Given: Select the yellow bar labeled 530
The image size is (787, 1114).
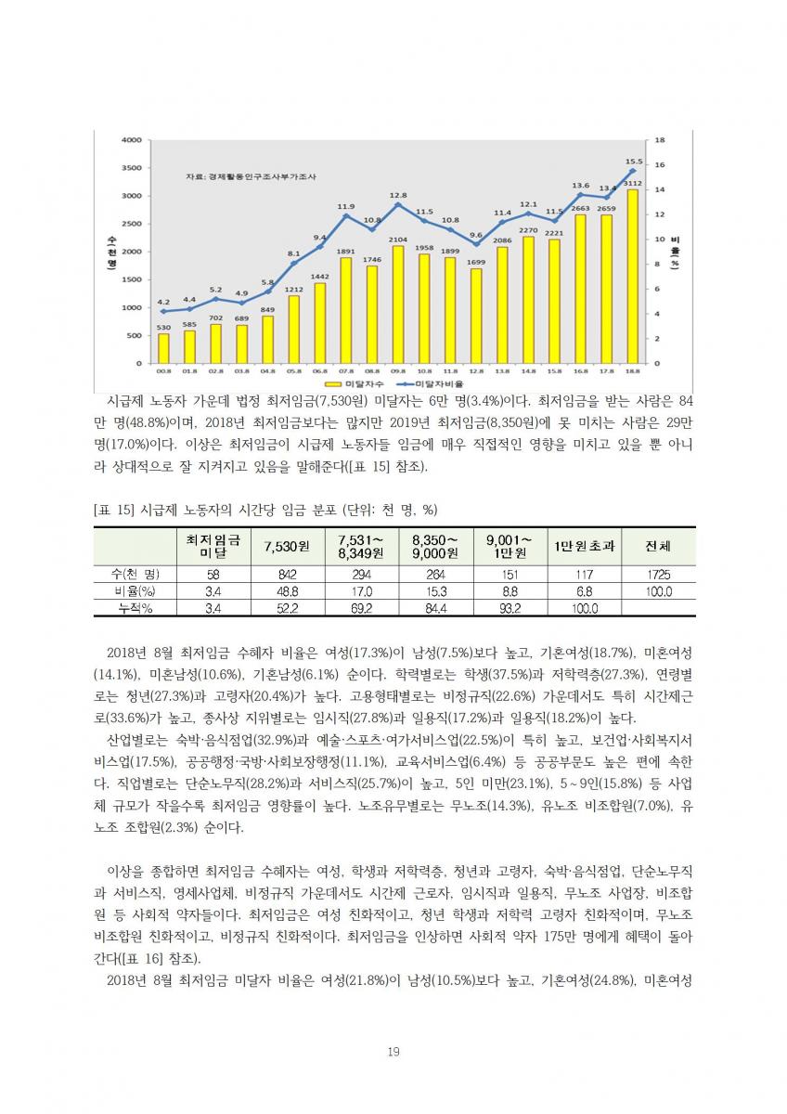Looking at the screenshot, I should click(163, 348).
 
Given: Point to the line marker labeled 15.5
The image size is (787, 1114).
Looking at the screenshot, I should click(633, 171).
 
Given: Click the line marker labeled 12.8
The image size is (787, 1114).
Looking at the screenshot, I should click(398, 204).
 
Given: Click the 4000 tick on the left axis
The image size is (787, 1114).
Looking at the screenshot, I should click(131, 140).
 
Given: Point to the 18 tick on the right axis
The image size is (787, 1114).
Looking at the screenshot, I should click(660, 140).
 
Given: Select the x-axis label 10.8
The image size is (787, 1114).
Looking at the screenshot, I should click(424, 371).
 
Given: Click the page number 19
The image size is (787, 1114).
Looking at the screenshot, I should click(393, 1052).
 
